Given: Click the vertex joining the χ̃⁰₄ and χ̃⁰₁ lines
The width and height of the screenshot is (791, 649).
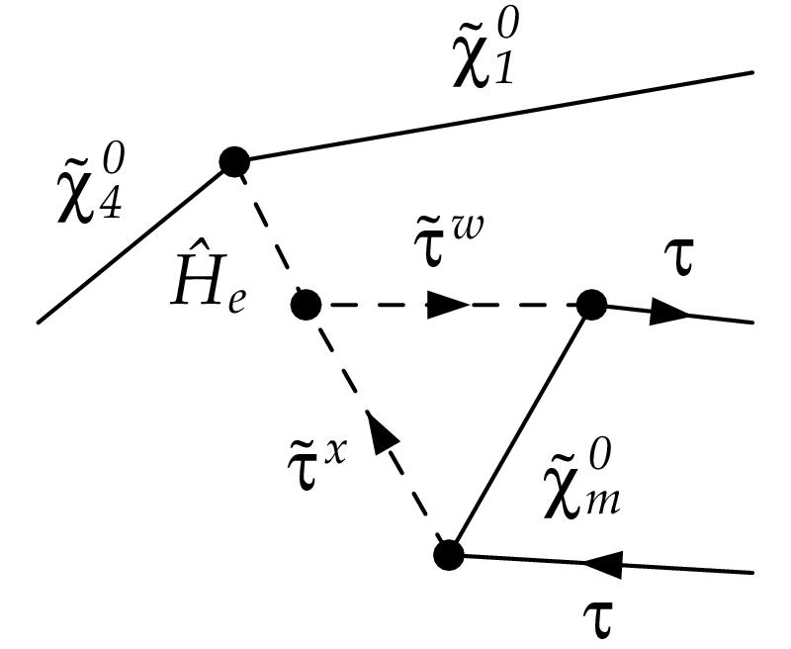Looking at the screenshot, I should coord(233,160).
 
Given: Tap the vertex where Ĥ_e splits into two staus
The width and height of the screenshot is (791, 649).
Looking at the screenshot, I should coord(306,305).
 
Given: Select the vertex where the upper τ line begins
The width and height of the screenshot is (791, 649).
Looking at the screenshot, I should coord(590,305).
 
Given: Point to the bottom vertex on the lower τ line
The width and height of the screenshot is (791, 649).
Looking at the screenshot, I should coord(449,554).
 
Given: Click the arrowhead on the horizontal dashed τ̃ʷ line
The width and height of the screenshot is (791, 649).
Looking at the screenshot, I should coord(447,306).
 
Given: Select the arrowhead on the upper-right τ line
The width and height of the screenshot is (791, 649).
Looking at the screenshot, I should coord(669,314).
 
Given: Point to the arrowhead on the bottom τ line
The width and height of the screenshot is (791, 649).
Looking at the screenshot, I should coord(601,564).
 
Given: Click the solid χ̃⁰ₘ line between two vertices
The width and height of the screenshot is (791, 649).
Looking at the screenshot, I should coord(519,430).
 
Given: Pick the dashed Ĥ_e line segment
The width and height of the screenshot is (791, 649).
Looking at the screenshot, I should coord(269,232).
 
